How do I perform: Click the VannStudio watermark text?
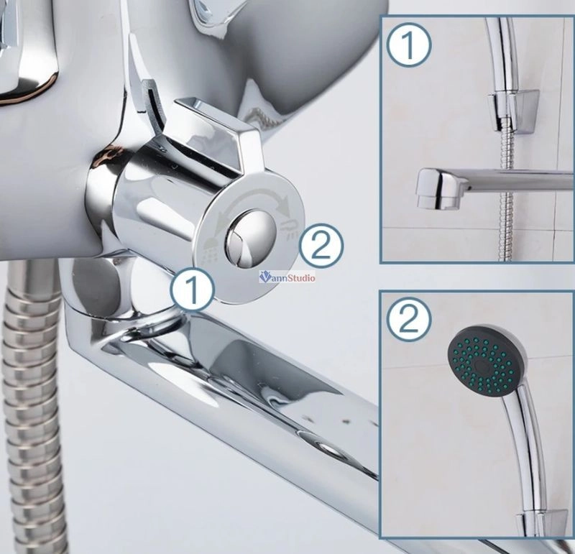point(287,277)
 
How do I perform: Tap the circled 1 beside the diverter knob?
point(192,290)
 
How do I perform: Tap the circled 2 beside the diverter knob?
point(321,246)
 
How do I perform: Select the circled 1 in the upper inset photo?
point(409,45)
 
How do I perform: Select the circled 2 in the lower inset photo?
point(409,319)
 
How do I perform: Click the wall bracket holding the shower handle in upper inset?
point(513,109)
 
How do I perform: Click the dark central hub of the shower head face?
point(481,365)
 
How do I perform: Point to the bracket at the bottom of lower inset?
point(539,525)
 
